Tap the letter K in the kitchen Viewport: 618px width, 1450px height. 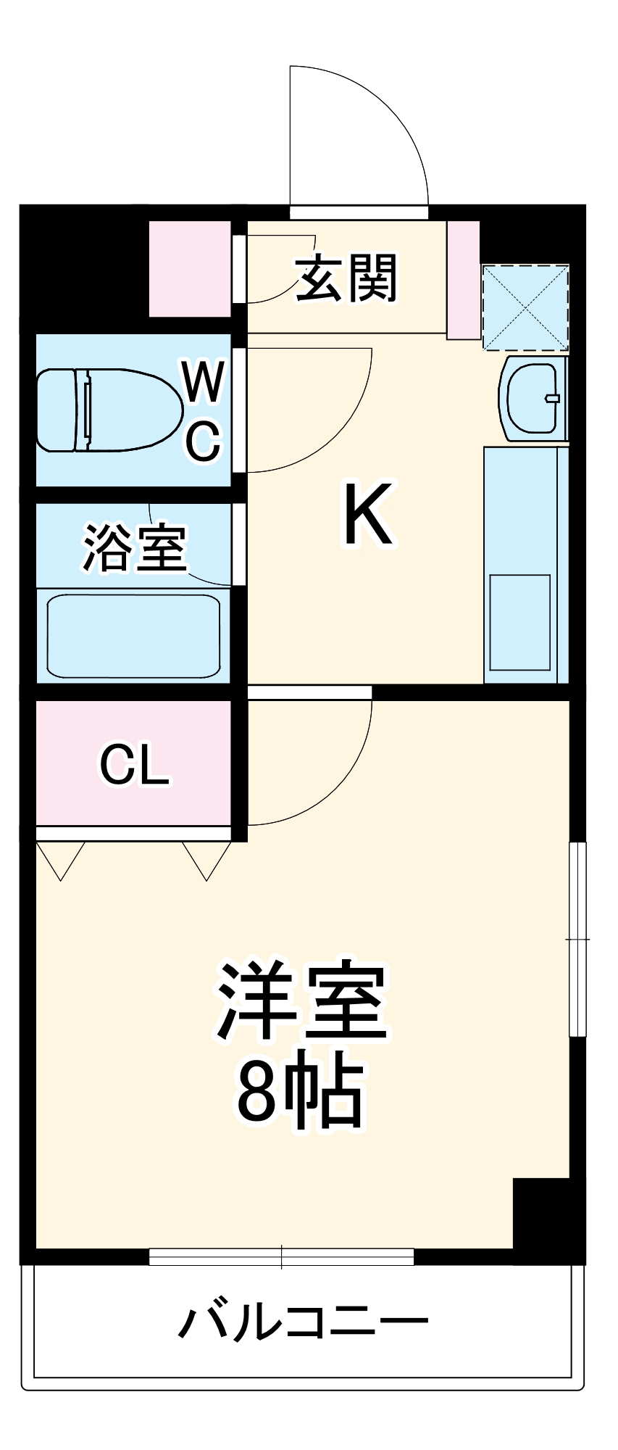tap(368, 514)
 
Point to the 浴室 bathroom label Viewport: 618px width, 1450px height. tap(135, 547)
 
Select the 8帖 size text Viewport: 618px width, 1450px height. tap(300, 1093)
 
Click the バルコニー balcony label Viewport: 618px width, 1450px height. tap(304, 1322)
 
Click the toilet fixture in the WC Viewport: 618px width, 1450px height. tap(109, 410)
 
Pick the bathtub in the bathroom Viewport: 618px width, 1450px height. tap(133, 637)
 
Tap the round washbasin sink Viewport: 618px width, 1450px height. tap(533, 397)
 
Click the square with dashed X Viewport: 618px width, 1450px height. tap(525, 307)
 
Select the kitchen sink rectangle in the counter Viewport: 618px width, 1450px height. tap(519, 622)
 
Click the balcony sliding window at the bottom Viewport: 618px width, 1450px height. tap(281, 1256)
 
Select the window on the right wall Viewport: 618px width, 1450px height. tap(577, 939)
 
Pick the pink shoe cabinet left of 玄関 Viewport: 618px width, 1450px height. tap(190, 269)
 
